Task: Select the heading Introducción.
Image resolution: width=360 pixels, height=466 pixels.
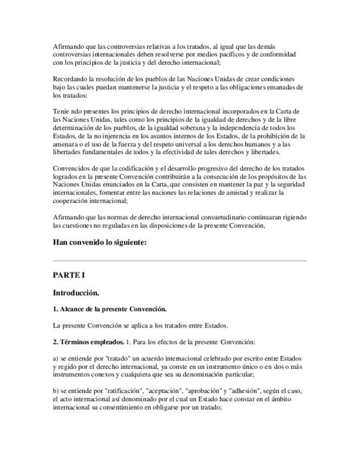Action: click(75, 293)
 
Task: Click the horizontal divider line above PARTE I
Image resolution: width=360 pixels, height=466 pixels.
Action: click(180, 260)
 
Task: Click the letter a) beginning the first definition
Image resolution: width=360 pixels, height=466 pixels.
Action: click(56, 359)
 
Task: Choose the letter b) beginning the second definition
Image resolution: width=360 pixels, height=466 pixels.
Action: click(56, 390)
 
